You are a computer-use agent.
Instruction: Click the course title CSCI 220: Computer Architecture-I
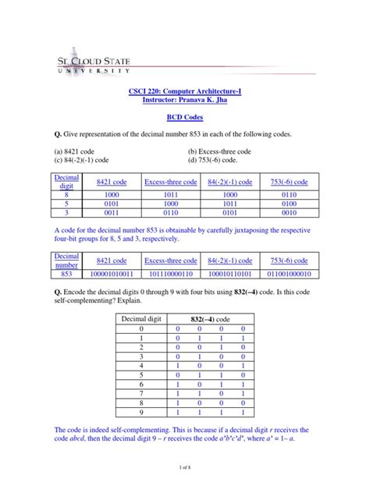point(184,91)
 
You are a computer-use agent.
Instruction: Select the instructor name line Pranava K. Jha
point(184,101)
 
